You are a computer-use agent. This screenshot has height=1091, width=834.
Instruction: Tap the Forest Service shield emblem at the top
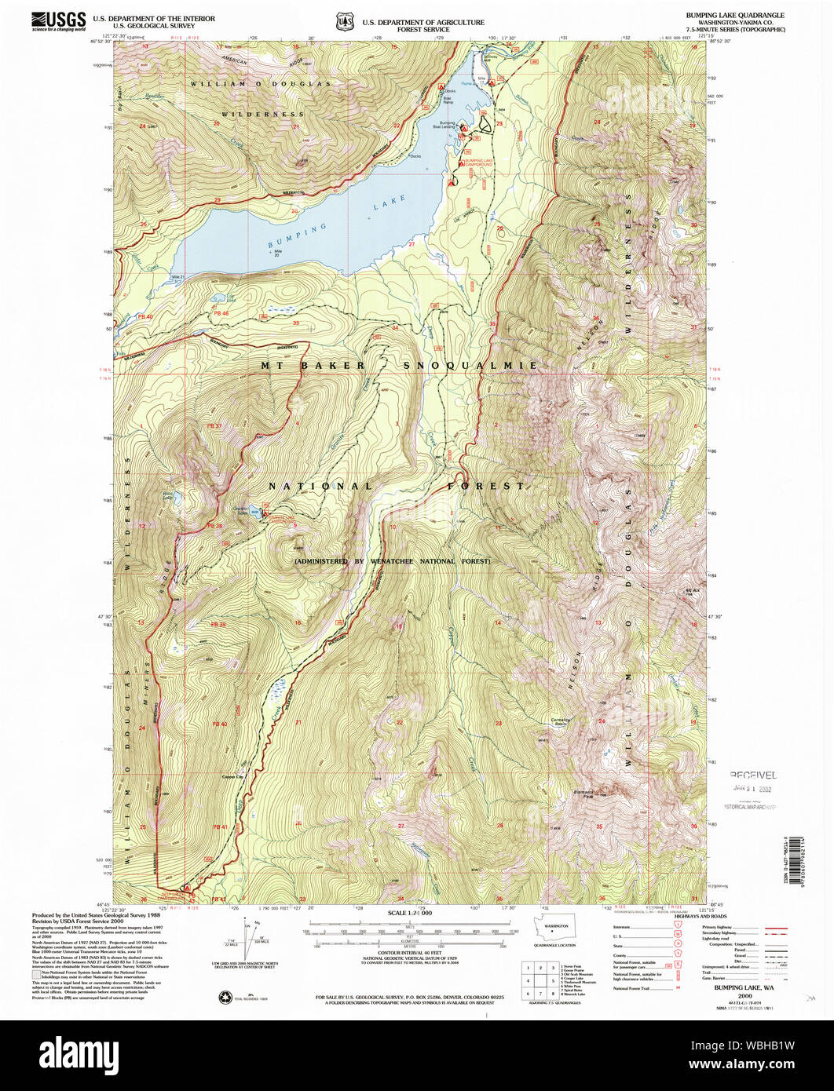pyautogui.click(x=342, y=23)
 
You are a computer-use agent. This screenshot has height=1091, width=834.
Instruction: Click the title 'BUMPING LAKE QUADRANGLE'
pyautogui.click(x=746, y=16)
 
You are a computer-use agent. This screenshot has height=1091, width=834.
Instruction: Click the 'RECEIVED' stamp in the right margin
pyautogui.click(x=752, y=774)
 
